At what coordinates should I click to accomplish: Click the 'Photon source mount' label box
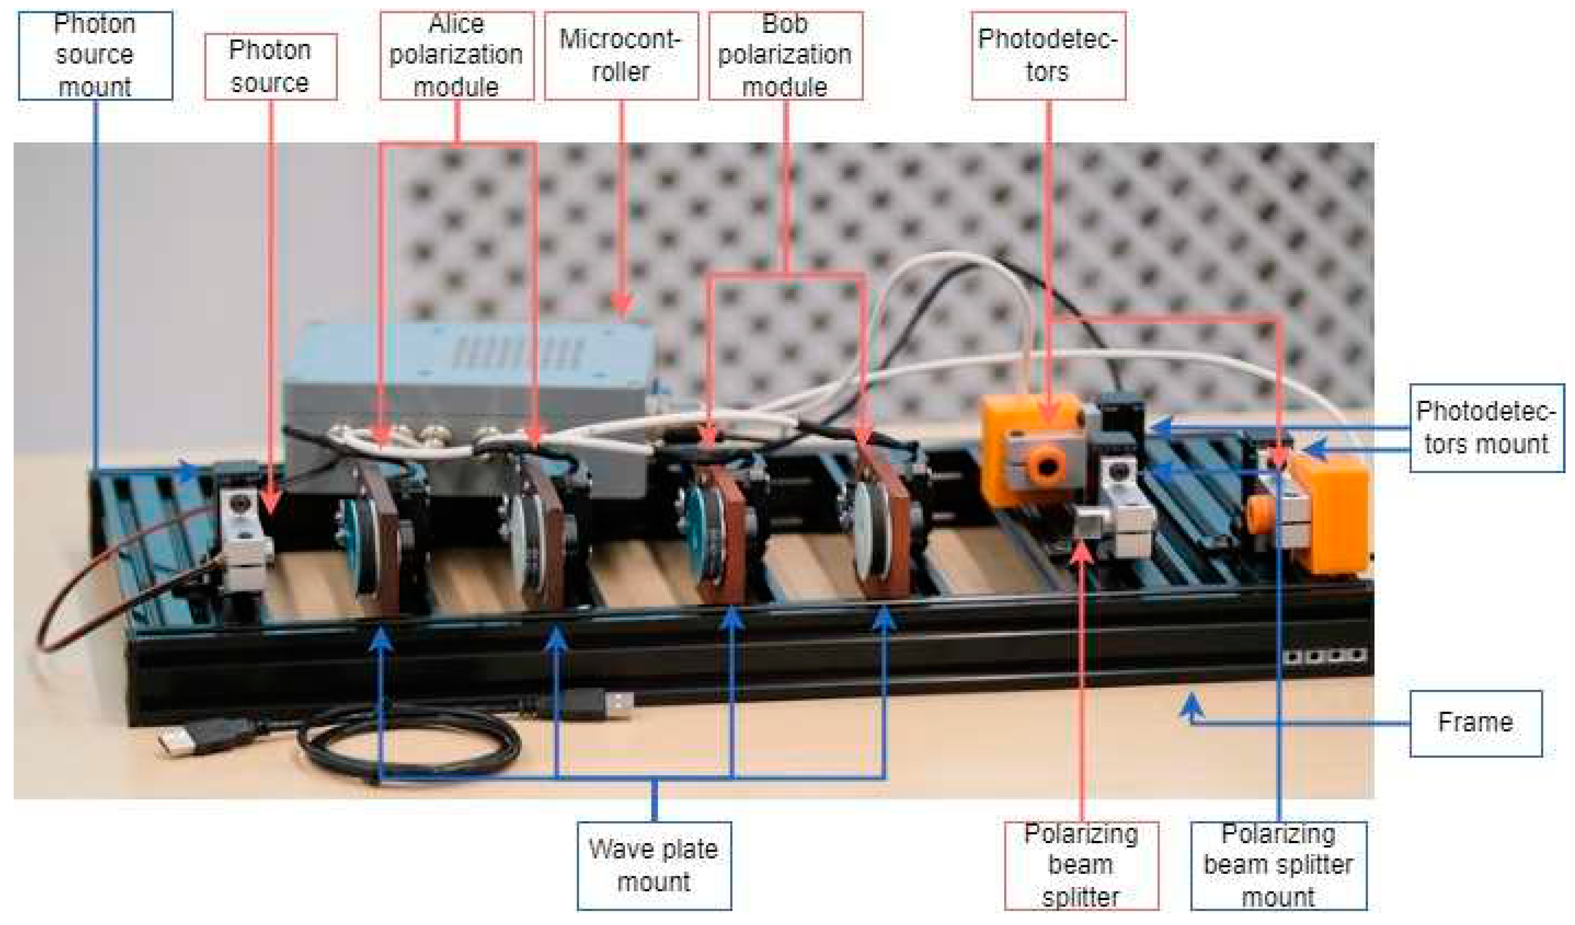(x=95, y=55)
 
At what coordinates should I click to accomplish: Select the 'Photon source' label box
(x=270, y=66)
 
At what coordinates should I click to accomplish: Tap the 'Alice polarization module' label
(x=456, y=55)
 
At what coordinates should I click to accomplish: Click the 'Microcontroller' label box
(x=620, y=55)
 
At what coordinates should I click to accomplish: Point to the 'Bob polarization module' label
(x=785, y=55)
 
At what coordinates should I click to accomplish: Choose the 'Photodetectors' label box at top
(x=1048, y=55)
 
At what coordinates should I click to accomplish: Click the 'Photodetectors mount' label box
(x=1486, y=428)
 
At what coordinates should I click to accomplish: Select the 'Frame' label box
(x=1475, y=723)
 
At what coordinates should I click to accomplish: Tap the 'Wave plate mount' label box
(x=654, y=866)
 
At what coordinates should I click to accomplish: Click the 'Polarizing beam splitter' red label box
(x=1081, y=866)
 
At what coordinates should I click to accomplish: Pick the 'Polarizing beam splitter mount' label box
(x=1278, y=866)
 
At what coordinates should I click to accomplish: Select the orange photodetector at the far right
(x=1331, y=512)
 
